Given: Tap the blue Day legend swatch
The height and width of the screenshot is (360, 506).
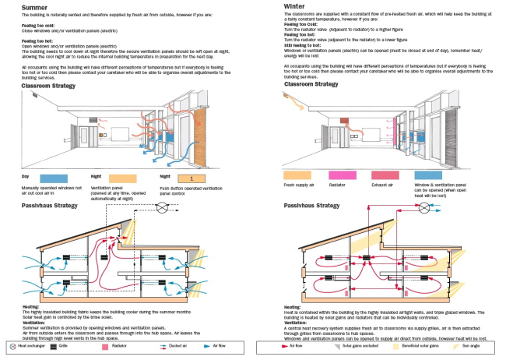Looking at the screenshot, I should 54,178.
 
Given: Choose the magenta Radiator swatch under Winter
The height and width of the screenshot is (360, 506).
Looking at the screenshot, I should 346,175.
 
